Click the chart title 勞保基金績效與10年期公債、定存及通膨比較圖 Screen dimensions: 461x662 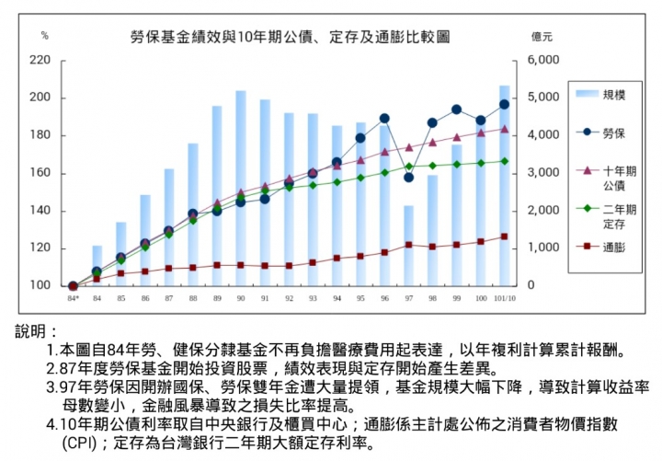pos(290,36)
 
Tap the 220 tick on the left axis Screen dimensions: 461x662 pos(41,61)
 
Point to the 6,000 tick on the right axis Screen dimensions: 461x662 pos(544,61)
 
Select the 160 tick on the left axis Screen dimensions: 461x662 pos(41,173)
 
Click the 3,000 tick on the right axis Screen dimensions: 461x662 pos(544,173)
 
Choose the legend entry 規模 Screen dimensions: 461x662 pos(614,94)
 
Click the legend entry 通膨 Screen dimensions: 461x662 pos(614,247)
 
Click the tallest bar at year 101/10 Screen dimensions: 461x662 pos(504,184)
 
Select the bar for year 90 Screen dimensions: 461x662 pos(241,189)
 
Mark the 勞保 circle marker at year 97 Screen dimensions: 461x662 pos(408,177)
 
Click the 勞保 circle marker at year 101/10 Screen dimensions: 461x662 pos(504,104)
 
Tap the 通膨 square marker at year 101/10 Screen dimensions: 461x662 pos(504,236)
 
